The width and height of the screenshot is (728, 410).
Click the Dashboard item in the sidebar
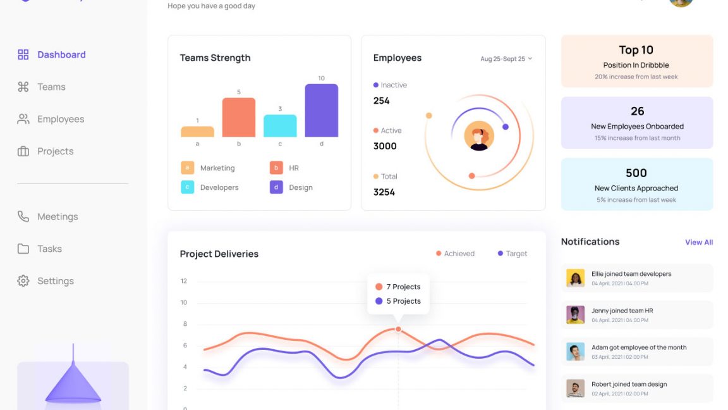tap(61, 55)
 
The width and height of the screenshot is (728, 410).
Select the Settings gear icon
tap(23, 281)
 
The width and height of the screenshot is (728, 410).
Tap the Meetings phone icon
tap(23, 216)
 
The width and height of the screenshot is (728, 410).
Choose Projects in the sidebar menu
tap(55, 151)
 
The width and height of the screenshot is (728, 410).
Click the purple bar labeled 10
tap(321, 111)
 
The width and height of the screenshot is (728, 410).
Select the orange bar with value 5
tap(239, 118)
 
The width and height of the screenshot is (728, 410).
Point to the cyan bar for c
tap(280, 126)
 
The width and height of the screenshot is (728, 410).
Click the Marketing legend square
tap(187, 168)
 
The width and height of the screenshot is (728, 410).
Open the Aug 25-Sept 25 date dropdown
tap(506, 59)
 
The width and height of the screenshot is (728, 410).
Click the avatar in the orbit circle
tap(479, 136)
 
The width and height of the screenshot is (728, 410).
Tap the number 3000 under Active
tap(385, 146)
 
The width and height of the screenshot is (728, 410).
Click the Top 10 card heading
tap(636, 50)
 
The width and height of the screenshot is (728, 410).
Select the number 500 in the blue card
tap(636, 173)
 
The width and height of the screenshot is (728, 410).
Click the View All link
tap(699, 242)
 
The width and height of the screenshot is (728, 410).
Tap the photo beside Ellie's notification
tap(575, 278)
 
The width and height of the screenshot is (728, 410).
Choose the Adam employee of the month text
tap(639, 347)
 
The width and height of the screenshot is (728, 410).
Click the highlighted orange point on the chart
tap(398, 329)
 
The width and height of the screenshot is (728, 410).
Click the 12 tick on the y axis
tap(184, 281)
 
